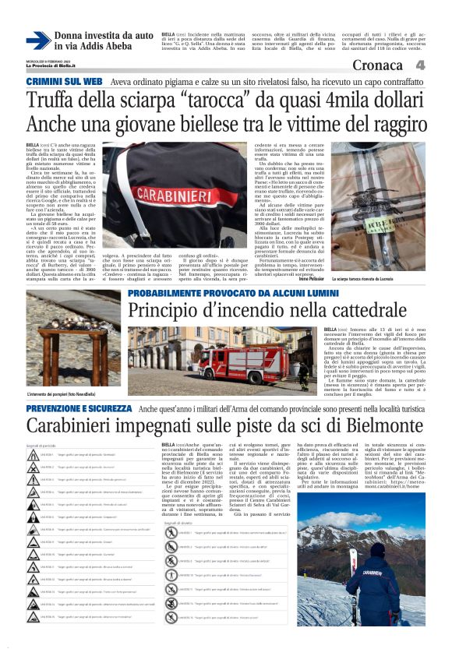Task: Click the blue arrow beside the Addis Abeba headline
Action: point(38,41)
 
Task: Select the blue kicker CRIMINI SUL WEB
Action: point(64,82)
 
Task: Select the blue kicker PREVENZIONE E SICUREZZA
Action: point(79,408)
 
